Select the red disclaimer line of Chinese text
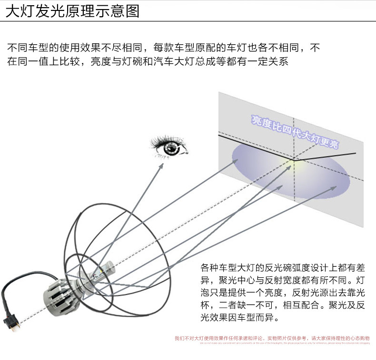click(272, 338)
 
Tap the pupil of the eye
click(170, 148)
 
